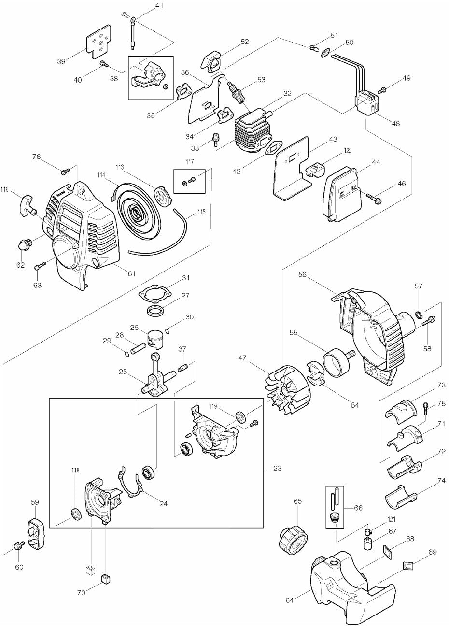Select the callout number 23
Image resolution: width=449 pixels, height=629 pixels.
277,468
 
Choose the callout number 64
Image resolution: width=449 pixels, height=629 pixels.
290,600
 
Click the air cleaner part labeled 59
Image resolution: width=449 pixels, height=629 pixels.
36,533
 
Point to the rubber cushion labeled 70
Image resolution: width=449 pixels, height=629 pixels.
105,579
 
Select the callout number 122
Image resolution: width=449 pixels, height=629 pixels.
348,151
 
